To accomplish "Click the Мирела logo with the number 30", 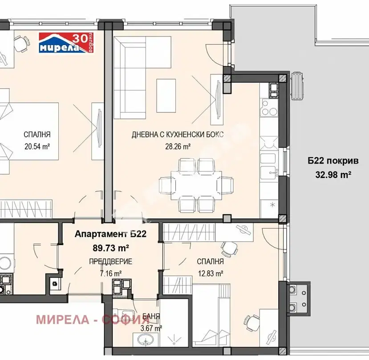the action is coord(66,43).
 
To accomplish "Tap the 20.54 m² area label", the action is coord(37,147).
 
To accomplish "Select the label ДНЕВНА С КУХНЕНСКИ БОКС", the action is coord(178,135).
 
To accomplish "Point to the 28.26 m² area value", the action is coord(178,147).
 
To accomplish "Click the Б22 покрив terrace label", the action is coord(333,161).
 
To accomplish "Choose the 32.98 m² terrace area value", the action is coord(333,175).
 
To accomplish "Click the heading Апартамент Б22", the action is coord(110,234).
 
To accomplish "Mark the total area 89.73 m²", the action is coord(110,248).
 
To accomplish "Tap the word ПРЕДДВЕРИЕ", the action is coord(110,262).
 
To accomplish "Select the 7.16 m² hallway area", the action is coord(110,274).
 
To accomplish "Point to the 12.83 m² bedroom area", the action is coord(210,274).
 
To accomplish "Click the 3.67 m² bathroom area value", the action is coord(150,328).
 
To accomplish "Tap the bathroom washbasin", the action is coord(145,340).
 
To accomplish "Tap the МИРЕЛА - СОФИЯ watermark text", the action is coord(93,319).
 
